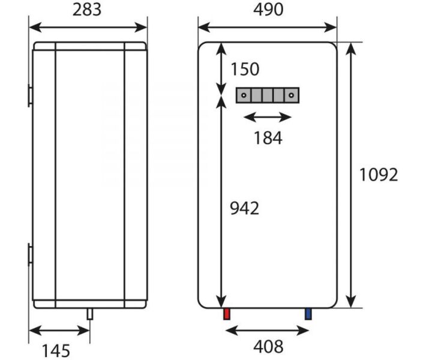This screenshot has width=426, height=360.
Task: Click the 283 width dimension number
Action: pos(86,10)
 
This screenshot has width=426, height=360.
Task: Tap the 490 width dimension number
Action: pos(268,10)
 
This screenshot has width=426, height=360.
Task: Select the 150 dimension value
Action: pos(245,69)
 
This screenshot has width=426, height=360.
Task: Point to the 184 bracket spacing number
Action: pos(268,138)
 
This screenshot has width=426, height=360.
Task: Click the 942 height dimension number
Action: pos(245,209)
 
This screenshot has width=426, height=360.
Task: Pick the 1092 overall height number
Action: pos(379,175)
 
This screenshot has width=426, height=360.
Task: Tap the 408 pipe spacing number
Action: pos(268,347)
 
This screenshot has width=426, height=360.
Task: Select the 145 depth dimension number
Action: pos(56,351)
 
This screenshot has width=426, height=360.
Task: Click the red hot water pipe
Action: pos(227,314)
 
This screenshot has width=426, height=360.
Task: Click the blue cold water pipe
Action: pos(308,314)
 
